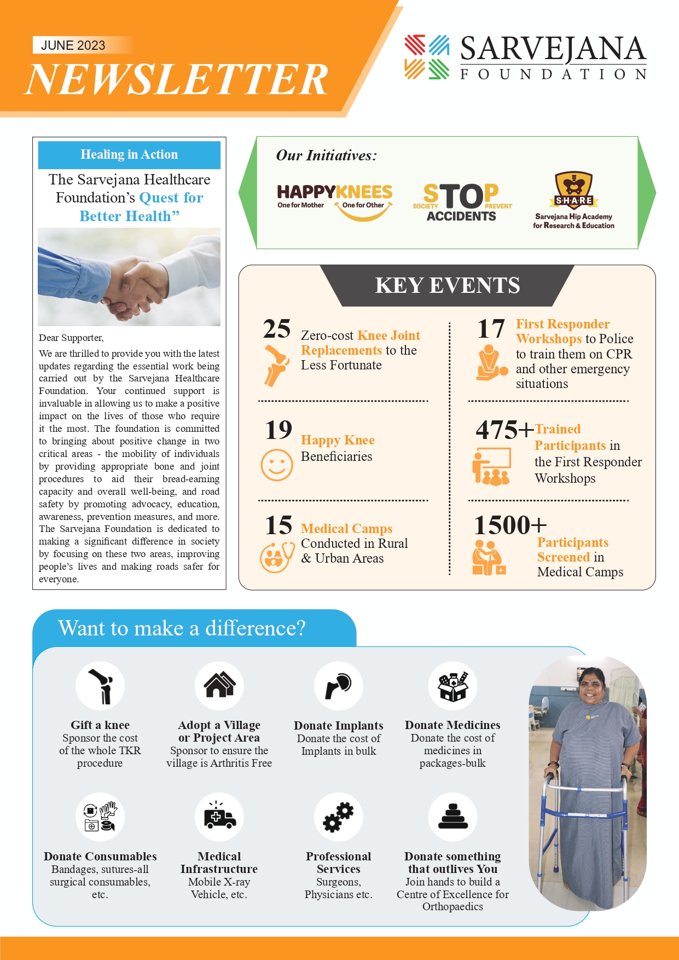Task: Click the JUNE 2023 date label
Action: click(x=73, y=45)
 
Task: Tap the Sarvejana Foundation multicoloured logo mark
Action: click(x=427, y=57)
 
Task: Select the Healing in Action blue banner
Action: click(x=129, y=155)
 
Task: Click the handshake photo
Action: click(x=129, y=277)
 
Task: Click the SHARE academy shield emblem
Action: click(x=573, y=190)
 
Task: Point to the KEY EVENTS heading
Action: click(x=447, y=286)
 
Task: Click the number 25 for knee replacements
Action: click(x=277, y=329)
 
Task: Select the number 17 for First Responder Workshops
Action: click(x=491, y=329)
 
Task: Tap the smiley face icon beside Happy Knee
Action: click(x=277, y=465)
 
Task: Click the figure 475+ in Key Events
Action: click(x=504, y=430)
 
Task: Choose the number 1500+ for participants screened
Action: click(x=510, y=525)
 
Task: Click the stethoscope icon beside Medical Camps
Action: click(x=277, y=557)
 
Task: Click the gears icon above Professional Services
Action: click(x=338, y=817)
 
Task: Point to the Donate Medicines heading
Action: click(x=452, y=725)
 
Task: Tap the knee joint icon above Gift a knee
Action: click(x=100, y=685)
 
